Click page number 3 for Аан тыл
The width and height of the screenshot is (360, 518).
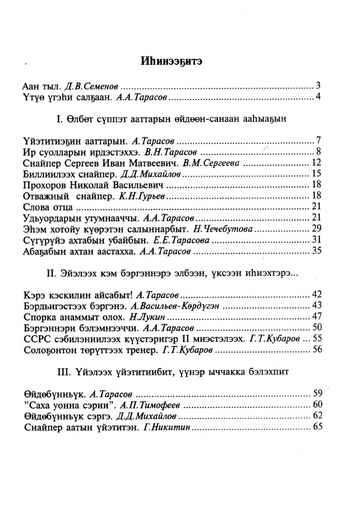tap(317, 85)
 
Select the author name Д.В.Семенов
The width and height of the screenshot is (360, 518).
tap(93, 86)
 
